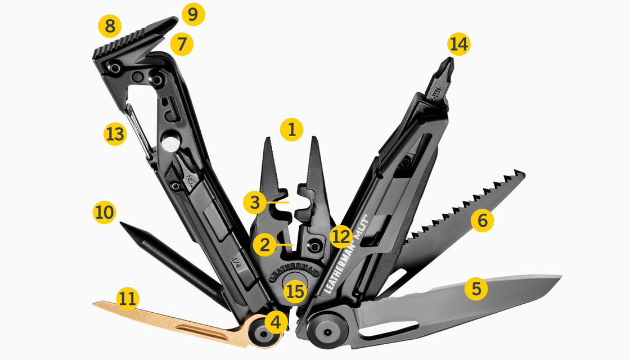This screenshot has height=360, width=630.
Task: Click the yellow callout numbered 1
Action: [x=291, y=129]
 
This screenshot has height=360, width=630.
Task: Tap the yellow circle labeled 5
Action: [x=476, y=289]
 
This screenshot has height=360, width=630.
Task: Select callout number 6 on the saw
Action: [x=482, y=220]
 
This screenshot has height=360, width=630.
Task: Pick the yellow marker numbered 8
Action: [x=109, y=26]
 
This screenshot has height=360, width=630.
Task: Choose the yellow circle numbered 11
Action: [x=128, y=298]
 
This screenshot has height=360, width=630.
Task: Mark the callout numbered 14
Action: [x=459, y=44]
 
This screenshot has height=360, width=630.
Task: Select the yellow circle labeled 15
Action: [x=295, y=291]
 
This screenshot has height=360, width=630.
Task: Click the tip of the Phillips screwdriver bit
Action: [x=448, y=59]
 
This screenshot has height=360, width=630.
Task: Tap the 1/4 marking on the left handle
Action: [x=237, y=262]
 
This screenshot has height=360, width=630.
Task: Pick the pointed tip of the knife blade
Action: [x=560, y=277]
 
